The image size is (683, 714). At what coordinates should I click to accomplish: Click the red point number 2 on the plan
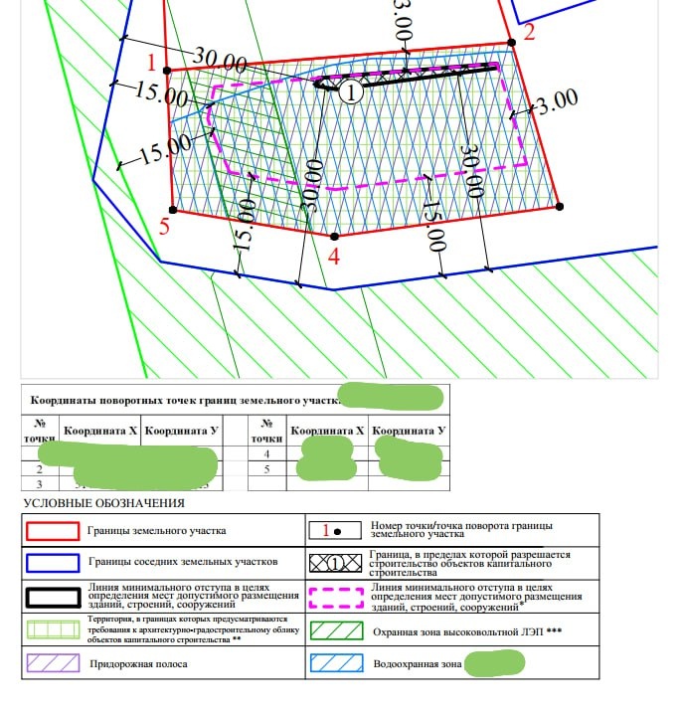click(x=529, y=31)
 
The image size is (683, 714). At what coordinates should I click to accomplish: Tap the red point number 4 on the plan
click(x=334, y=257)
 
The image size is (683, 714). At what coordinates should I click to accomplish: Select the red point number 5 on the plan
click(x=164, y=226)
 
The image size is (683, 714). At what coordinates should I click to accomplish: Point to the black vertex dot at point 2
click(x=512, y=42)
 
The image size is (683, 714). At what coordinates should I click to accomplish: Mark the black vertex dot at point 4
click(x=334, y=237)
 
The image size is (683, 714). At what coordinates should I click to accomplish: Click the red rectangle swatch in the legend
click(x=54, y=531)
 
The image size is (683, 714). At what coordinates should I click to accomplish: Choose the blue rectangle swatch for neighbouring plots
click(x=54, y=563)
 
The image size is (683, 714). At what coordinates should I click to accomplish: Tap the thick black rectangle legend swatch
click(x=54, y=597)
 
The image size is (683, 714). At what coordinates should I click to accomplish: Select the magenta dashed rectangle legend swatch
click(x=337, y=597)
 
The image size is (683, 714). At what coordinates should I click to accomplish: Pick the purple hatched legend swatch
click(x=54, y=663)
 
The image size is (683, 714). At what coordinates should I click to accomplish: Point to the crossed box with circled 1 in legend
click(x=337, y=563)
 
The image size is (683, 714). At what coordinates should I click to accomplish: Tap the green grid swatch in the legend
click(x=54, y=630)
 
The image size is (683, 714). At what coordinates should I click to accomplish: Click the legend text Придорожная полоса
click(x=135, y=662)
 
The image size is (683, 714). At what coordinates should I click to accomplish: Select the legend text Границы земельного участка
click(x=157, y=531)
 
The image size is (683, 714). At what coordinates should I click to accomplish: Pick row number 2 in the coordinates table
click(x=38, y=468)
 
